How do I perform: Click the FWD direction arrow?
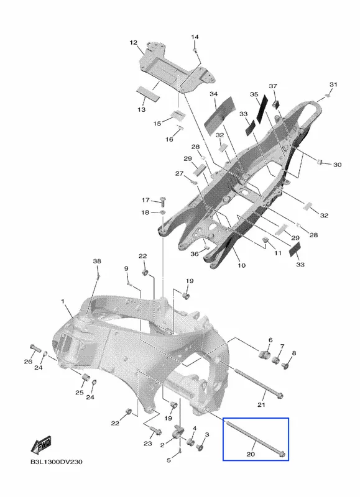[x=41, y=445]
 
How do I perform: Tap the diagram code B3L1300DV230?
[x=57, y=462]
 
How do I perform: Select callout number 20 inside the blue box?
[x=251, y=454]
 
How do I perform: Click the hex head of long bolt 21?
[x=279, y=395]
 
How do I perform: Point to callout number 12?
[x=134, y=42]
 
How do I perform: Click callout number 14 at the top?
[x=195, y=37]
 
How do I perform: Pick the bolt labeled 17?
[x=164, y=201]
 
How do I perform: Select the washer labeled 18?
[x=162, y=212]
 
